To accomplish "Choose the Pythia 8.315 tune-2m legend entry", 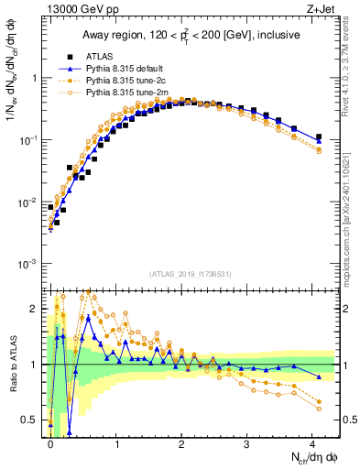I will [126, 93].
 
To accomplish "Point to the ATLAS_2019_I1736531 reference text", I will [191, 274].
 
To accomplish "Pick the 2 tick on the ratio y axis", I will [35, 309].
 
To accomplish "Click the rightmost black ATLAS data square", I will [319, 137].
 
